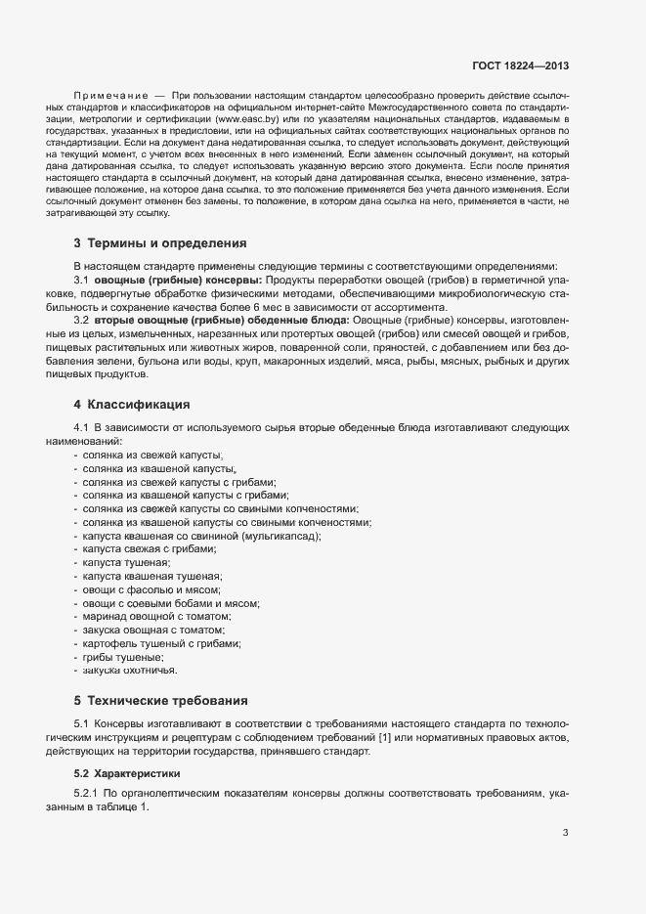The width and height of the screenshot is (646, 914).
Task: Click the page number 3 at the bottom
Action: point(565,833)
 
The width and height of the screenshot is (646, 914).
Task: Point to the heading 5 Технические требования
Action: point(160,700)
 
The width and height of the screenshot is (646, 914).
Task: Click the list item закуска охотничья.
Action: point(131,672)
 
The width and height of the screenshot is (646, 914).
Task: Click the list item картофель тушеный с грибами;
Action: point(162,644)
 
